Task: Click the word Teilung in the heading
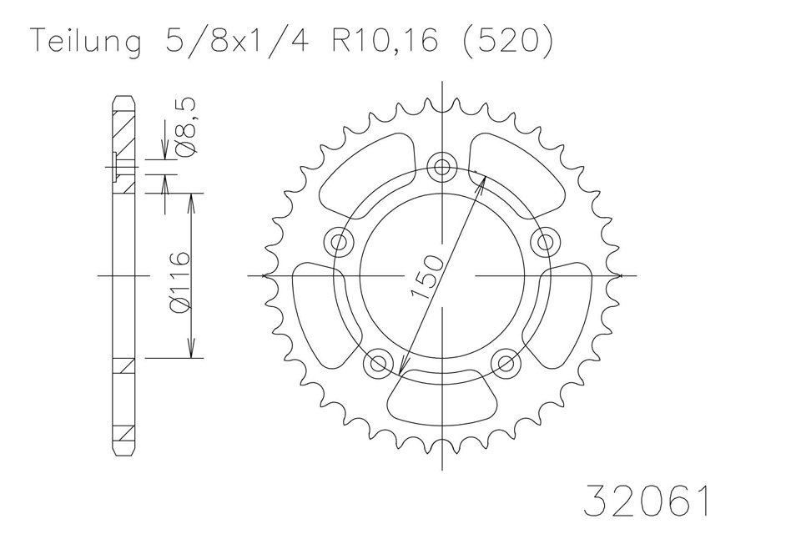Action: (x=85, y=43)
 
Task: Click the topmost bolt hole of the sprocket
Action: (x=442, y=164)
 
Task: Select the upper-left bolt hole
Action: (x=339, y=242)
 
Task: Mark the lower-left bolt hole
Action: (x=378, y=363)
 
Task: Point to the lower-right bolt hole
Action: (x=506, y=363)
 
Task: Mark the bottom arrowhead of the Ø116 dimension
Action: (x=194, y=350)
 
